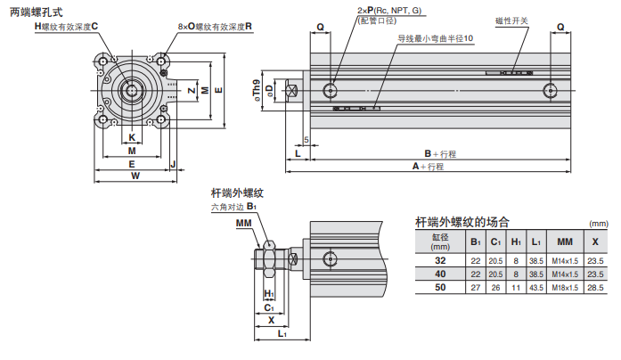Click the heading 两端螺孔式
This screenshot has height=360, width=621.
tap(37, 12)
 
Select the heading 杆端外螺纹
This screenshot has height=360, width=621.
tap(235, 192)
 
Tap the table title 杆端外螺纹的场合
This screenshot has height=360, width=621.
tap(462, 222)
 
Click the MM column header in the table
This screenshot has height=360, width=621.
tap(564, 242)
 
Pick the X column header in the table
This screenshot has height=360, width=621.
tap(595, 242)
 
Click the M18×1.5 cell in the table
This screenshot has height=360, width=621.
tap(564, 288)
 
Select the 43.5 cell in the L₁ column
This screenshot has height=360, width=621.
tap(535, 288)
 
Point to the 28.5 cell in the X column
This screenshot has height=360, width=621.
tap(595, 288)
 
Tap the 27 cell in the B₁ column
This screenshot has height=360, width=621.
tap(475, 288)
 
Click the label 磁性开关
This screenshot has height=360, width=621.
tap(511, 20)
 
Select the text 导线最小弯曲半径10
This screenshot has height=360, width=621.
tap(436, 38)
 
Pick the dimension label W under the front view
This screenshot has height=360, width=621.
tap(135, 176)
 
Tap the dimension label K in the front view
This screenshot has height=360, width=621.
tap(132, 137)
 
